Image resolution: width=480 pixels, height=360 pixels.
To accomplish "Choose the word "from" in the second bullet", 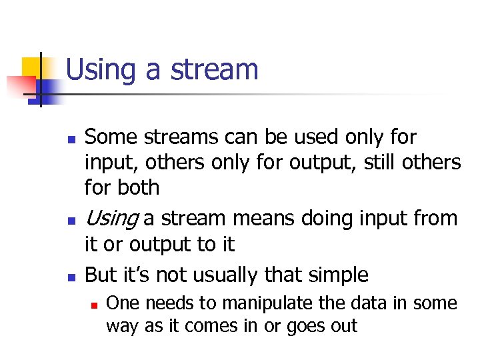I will point(435,219).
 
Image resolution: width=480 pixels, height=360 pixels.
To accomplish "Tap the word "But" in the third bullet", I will point(101,275).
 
